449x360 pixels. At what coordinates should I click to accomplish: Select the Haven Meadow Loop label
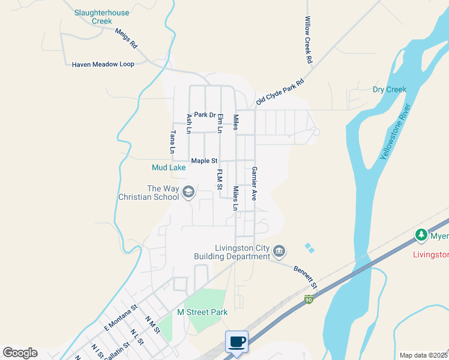103,64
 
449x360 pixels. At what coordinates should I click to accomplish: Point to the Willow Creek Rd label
309,40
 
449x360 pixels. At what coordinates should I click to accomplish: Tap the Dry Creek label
389,90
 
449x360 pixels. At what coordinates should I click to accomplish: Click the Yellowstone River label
396,131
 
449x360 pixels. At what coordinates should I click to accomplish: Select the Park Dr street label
204,115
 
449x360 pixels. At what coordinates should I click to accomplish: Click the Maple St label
204,161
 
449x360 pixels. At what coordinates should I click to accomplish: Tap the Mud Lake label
169,168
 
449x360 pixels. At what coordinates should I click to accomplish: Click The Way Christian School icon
188,192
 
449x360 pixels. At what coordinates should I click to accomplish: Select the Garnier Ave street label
255,183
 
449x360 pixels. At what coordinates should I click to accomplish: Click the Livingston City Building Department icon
279,251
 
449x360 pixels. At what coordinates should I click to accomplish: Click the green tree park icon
422,235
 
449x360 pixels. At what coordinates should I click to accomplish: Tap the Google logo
20,353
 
